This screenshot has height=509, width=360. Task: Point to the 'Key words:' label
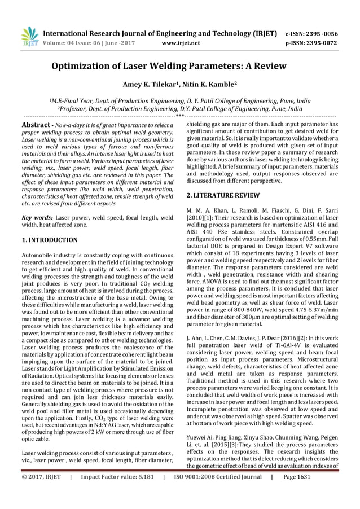(x=33, y=217)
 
